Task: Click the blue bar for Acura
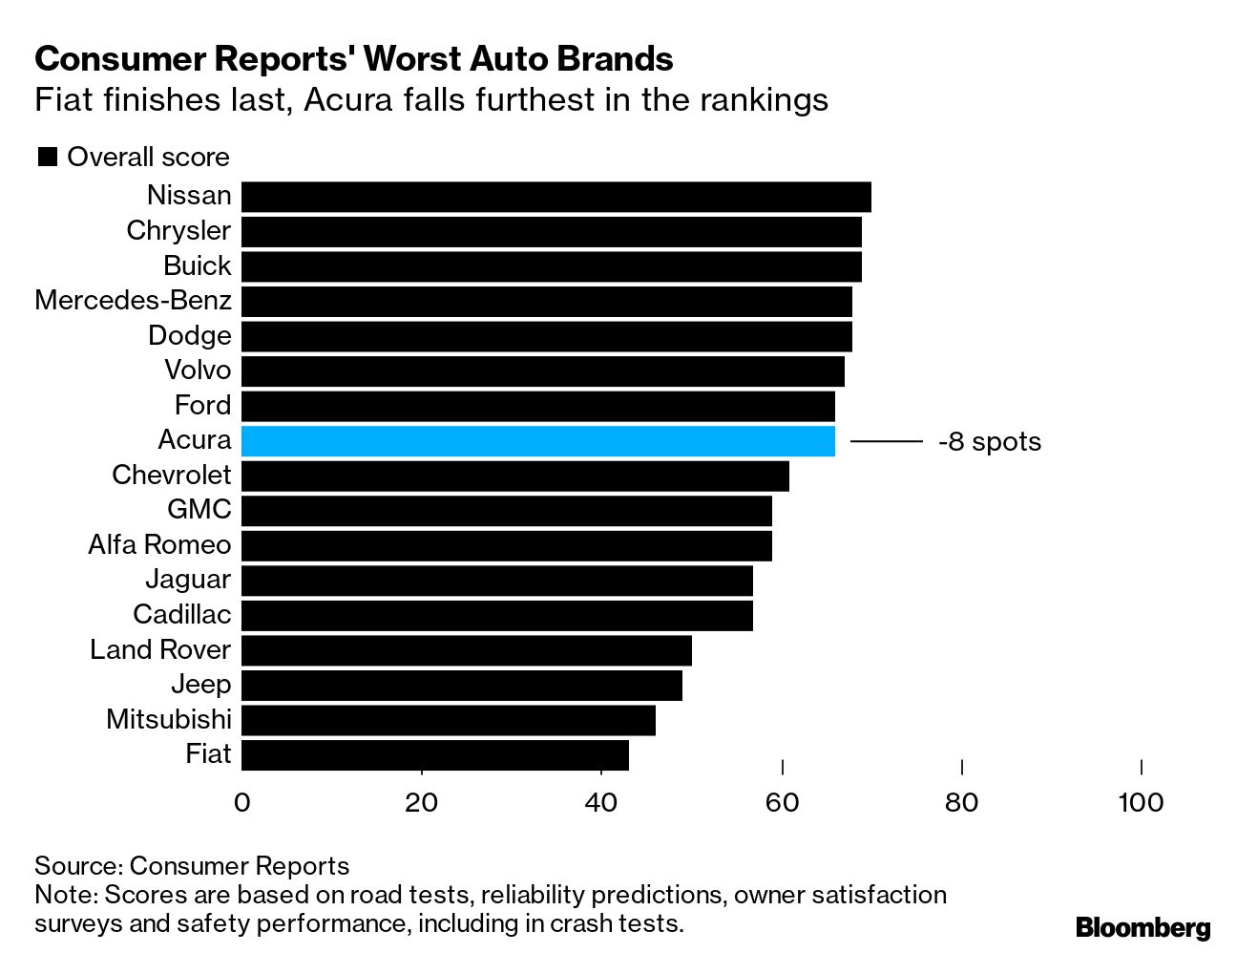[537, 441]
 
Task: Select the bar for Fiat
[434, 754]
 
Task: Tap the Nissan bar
[556, 197]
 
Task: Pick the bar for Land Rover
[466, 650]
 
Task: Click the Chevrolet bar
[514, 476]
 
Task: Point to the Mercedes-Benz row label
[133, 301]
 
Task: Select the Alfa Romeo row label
[159, 544]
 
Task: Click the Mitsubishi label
[169, 719]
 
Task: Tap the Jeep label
[200, 685]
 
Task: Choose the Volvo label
[198, 371]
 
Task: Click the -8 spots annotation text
[989, 442]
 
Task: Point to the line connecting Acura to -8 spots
[886, 441]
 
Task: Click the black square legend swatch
[47, 158]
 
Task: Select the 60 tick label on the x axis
[782, 802]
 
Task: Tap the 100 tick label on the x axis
[1141, 802]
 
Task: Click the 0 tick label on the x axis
[241, 802]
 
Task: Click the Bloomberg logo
[1143, 927]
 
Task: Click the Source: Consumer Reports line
[192, 866]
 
